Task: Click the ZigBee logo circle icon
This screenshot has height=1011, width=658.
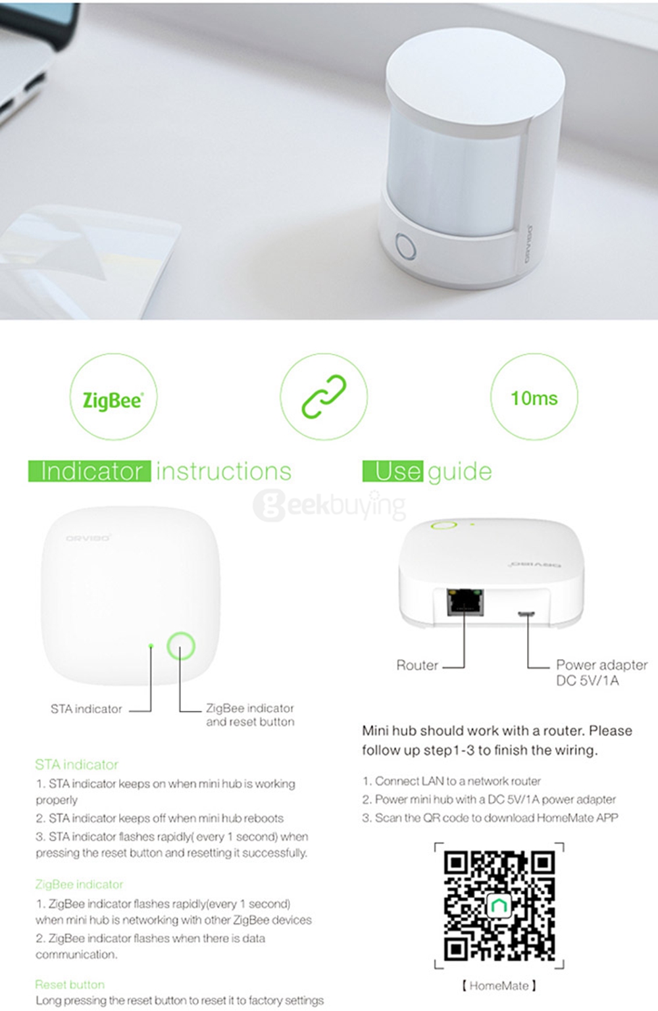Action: [x=113, y=397]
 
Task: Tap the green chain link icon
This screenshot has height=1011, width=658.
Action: [x=324, y=397]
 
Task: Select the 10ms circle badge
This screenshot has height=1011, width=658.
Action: [x=534, y=397]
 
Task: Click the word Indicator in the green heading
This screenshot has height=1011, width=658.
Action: [x=90, y=471]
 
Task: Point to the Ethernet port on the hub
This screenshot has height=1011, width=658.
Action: [x=465, y=602]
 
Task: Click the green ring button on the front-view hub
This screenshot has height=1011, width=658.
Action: [x=180, y=646]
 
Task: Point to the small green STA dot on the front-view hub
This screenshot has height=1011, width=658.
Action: [x=151, y=647]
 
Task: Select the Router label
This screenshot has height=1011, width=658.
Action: [x=417, y=665]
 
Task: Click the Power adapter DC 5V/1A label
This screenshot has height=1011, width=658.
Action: [x=601, y=672]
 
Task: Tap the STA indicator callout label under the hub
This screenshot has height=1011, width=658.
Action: [x=86, y=709]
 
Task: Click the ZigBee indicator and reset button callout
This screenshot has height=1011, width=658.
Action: [x=250, y=715]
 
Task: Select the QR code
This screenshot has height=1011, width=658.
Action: [x=499, y=904]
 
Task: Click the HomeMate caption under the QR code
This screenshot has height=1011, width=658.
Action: [x=499, y=985]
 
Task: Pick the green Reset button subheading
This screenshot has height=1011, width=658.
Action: [x=70, y=984]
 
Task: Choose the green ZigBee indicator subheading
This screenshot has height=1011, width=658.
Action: [x=79, y=884]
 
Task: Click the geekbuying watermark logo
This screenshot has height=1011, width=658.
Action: [x=329, y=505]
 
